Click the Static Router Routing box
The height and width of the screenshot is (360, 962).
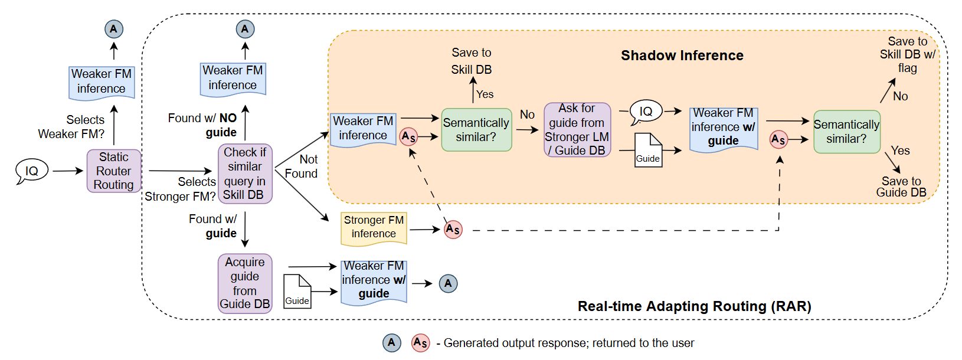(114, 171)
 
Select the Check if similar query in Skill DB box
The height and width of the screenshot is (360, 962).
(245, 174)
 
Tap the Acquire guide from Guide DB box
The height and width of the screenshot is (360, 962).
(245, 283)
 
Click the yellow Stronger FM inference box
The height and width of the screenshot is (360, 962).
(374, 228)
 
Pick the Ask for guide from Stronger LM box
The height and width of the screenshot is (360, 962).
(577, 130)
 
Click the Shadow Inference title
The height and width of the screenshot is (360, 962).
(682, 55)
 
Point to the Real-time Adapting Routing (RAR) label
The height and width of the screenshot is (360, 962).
(694, 306)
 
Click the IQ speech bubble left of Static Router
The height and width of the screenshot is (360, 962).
(31, 171)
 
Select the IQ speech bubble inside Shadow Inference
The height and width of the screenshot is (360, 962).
(646, 111)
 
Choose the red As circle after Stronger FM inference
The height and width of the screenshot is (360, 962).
(453, 229)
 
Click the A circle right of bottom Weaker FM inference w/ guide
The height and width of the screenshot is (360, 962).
(448, 283)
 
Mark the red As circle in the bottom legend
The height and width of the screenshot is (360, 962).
(420, 343)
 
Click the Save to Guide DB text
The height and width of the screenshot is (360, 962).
(901, 186)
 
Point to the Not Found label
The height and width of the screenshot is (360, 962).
(302, 166)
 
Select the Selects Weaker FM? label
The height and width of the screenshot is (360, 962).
(72, 127)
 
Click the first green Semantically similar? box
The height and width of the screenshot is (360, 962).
(476, 130)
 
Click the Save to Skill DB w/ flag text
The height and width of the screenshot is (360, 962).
(907, 54)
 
